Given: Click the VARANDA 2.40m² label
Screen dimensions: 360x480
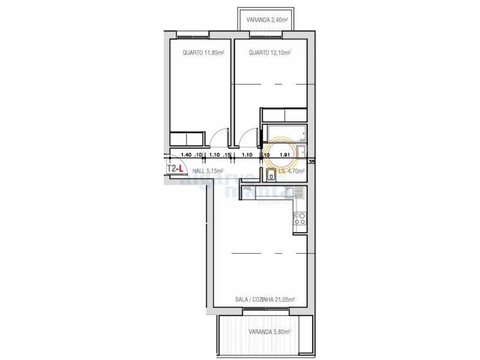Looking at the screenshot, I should click(x=267, y=20).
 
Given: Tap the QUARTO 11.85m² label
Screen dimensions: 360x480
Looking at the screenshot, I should click(x=203, y=53).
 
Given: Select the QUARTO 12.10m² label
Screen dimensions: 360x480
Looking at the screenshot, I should click(x=269, y=53).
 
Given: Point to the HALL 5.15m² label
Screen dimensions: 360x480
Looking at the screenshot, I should click(x=203, y=171).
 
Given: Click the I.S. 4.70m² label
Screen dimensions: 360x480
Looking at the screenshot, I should click(x=292, y=171).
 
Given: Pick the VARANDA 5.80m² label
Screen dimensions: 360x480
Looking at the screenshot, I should click(x=269, y=332).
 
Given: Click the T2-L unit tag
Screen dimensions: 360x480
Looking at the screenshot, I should click(x=174, y=169).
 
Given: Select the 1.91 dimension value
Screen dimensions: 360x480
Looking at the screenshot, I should click(x=285, y=155).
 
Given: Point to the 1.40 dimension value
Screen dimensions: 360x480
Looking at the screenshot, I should click(x=186, y=155).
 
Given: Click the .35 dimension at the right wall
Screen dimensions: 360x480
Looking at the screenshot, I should click(x=310, y=161).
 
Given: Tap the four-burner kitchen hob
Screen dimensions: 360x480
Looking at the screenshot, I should click(x=300, y=220).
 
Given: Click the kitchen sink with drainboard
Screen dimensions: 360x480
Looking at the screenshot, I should click(x=295, y=193).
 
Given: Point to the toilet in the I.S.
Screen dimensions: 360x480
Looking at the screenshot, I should click(x=271, y=175).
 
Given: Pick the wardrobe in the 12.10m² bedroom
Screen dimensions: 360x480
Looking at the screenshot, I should click(x=284, y=115).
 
